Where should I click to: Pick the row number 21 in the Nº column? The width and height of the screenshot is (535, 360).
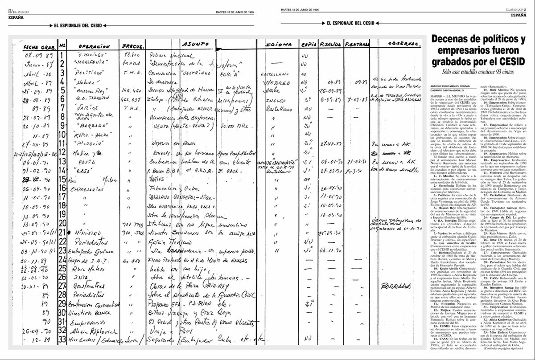62,232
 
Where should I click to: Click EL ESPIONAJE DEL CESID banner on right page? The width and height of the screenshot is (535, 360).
350,23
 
